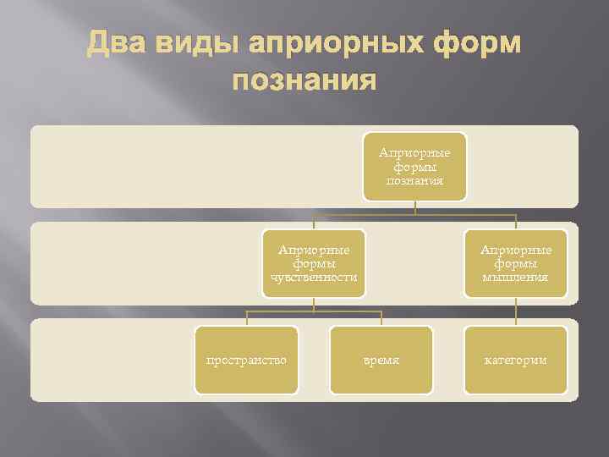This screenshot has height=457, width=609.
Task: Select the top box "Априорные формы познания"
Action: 414,167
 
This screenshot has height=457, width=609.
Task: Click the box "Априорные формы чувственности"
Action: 314,263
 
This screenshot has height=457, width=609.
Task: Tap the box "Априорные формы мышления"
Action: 516,263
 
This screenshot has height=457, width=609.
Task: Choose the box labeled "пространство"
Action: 246,360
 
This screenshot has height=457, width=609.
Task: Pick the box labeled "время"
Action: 381,360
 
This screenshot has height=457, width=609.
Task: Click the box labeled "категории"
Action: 516,360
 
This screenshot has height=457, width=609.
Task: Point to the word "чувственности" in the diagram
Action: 314,277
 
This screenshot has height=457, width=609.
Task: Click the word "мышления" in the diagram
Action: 516,277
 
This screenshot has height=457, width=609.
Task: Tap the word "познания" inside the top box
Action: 414,180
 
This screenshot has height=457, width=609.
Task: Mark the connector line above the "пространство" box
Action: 246,318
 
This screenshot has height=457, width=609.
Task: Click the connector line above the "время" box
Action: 381,318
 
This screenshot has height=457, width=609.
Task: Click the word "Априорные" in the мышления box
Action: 516,250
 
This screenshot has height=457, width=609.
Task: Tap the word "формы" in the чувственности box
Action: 314,263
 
